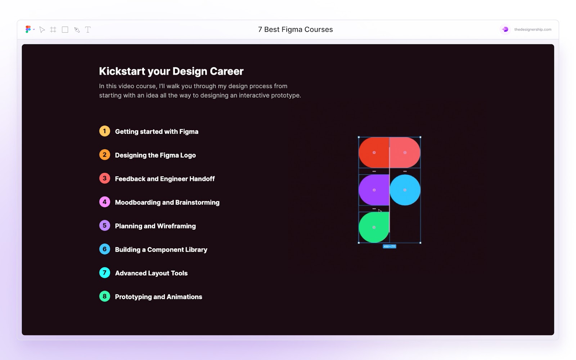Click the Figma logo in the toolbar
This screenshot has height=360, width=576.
point(28,30)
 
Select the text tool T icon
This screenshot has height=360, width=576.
point(88,30)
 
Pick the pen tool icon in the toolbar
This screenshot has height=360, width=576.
point(77,30)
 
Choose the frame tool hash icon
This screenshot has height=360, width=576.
point(53,30)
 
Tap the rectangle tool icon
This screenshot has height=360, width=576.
point(65,30)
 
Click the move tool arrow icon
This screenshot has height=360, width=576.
point(42,30)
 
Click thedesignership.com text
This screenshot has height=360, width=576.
point(532,30)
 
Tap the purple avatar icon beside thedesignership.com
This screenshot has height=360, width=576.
point(505,30)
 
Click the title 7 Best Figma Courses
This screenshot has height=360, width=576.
point(295,30)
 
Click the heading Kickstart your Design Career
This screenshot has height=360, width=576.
point(171,71)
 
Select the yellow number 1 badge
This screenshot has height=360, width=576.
point(104,131)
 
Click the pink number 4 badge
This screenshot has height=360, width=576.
point(104,202)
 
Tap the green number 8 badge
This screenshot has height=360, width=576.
point(104,296)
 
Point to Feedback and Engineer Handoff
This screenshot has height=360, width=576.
point(165,179)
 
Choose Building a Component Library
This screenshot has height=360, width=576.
point(161,249)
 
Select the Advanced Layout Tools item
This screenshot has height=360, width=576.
point(151,273)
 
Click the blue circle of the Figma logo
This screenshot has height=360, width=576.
point(405,190)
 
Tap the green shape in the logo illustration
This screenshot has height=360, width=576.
point(374,228)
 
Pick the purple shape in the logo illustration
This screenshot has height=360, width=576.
point(374,190)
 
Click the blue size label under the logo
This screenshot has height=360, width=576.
point(390,247)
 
